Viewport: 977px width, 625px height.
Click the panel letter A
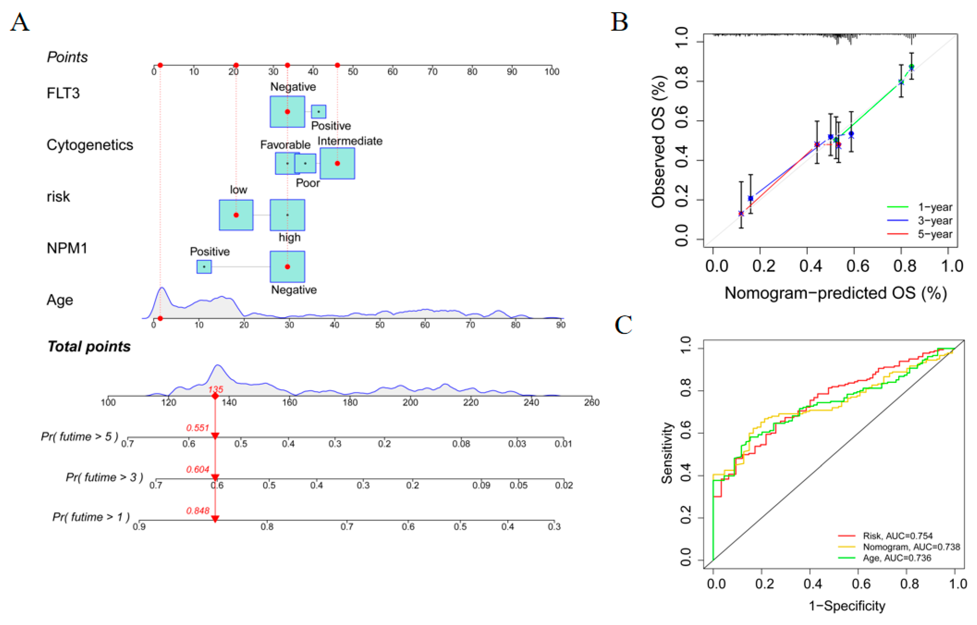20,22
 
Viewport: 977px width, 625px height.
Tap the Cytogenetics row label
90,145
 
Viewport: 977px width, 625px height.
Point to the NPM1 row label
67,248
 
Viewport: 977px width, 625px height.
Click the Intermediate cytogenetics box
337,163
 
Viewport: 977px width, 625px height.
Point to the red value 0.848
198,511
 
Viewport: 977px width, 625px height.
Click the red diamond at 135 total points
215,396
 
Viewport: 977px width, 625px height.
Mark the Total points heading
89,346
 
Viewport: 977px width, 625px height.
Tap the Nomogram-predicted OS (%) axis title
835,293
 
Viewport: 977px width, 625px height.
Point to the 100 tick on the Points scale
552,71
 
